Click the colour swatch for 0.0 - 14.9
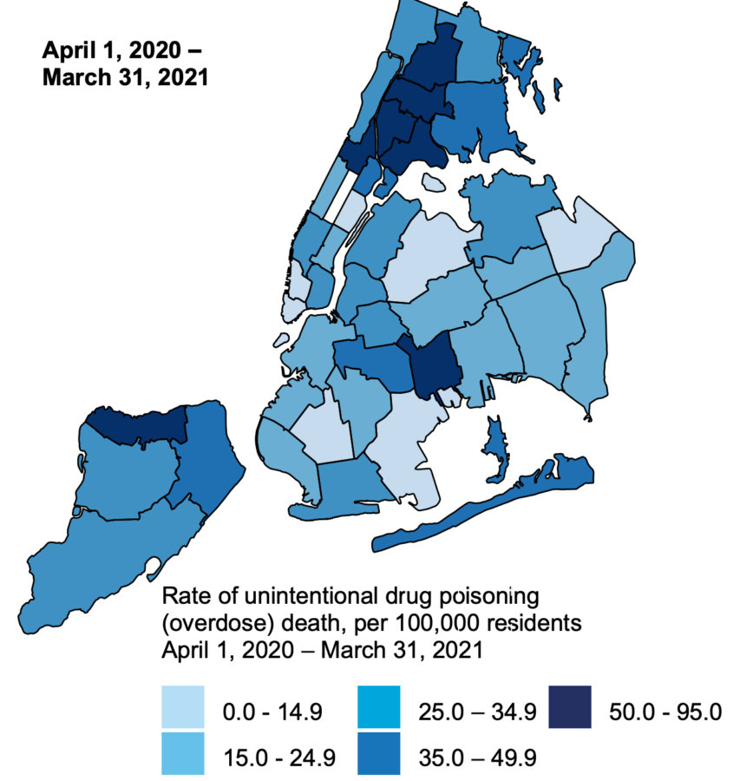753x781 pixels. tap(182, 706)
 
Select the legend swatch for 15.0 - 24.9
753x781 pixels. tap(182, 752)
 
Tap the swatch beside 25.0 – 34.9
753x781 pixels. tap(378, 706)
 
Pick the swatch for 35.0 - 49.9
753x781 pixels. tap(378, 752)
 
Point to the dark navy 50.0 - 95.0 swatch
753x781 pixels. tap(571, 706)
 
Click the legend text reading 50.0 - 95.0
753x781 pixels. tap(662, 712)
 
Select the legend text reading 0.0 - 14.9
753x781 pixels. tap(272, 712)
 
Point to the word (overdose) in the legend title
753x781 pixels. tap(206, 623)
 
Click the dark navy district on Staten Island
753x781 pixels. tap(139, 424)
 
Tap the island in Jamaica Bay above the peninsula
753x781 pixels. tap(494, 447)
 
